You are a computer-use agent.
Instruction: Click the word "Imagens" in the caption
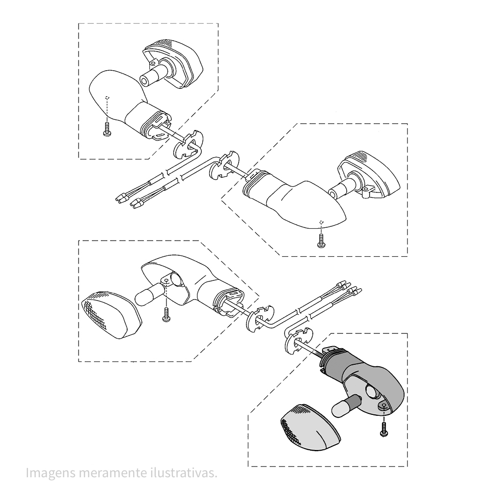[x=51, y=473]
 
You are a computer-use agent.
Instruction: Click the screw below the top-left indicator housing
[x=107, y=129]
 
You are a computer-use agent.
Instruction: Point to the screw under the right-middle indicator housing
[x=321, y=241]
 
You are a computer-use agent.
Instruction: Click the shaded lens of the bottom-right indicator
[x=310, y=427]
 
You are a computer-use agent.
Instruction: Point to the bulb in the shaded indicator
[x=345, y=406]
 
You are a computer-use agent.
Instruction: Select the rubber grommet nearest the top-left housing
[x=188, y=144]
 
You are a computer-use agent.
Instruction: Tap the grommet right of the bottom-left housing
[x=260, y=318]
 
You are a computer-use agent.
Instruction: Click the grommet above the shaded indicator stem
[x=298, y=341]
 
